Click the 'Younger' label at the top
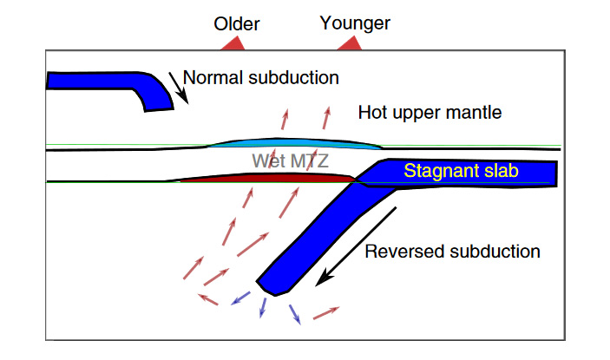coord(354,23)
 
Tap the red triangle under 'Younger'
coord(350,43)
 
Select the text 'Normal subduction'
coord(260,77)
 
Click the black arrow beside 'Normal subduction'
coord(177,84)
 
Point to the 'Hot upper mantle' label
coord(430,113)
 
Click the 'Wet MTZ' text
coord(291,160)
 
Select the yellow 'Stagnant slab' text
coord(460,172)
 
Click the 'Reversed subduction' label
coord(453,252)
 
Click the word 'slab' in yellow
coord(499,172)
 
